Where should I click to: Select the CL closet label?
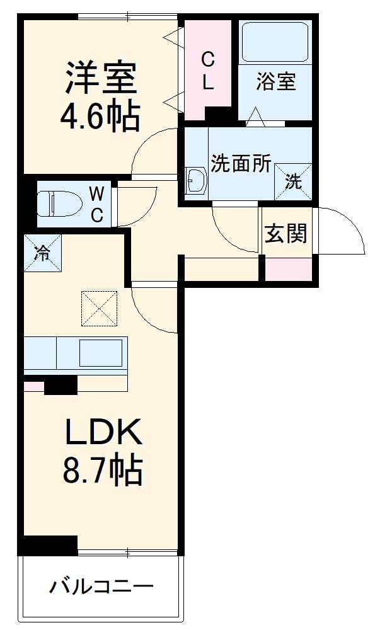[207, 71]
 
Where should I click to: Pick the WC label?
[96, 204]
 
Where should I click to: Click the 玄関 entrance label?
[286, 233]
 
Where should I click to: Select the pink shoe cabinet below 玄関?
[288, 269]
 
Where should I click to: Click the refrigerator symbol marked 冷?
[43, 253]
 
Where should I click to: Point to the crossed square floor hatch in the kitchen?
[99, 309]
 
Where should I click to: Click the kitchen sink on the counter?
[100, 352]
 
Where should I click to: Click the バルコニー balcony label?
[101, 588]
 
